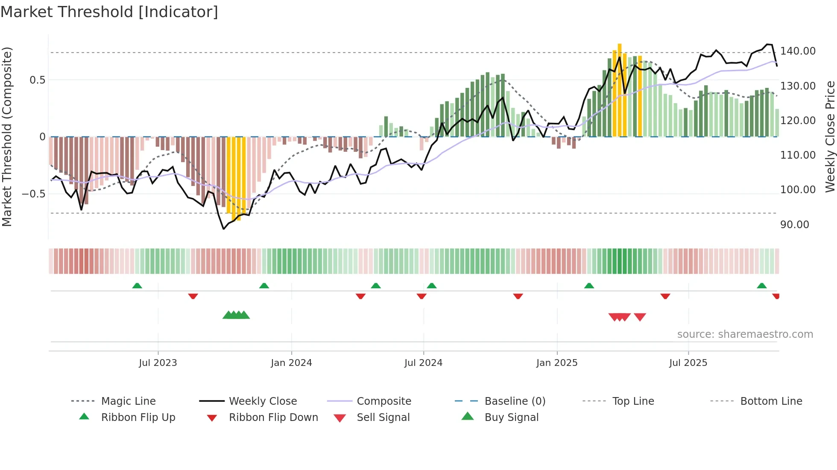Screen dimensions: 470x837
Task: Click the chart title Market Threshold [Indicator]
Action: point(109,12)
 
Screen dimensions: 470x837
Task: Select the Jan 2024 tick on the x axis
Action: point(291,363)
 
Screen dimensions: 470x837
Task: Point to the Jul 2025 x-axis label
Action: point(688,363)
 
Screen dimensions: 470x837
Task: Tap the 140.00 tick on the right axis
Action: point(798,51)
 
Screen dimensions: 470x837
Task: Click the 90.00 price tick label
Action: point(794,225)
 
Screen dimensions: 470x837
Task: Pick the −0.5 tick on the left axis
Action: point(33,194)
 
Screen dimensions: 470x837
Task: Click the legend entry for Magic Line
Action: point(128,401)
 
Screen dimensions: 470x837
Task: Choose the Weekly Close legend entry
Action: point(263,401)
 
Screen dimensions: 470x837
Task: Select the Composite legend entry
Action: point(383,401)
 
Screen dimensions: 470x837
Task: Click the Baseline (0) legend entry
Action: point(515,401)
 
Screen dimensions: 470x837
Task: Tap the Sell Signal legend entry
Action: point(383,418)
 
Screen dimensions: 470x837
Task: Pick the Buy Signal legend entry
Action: point(511,418)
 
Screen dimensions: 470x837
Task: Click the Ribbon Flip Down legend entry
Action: point(273,418)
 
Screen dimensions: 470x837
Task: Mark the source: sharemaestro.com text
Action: point(745,334)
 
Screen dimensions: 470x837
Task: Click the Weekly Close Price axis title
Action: point(830,136)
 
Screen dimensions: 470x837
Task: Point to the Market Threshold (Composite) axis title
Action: point(7,136)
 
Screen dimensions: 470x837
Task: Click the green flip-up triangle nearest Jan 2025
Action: point(589,286)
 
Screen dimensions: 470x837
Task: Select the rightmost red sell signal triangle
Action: point(640,317)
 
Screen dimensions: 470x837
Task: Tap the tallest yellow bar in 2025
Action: point(620,90)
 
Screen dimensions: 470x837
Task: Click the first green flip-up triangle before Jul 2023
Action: point(137,286)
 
